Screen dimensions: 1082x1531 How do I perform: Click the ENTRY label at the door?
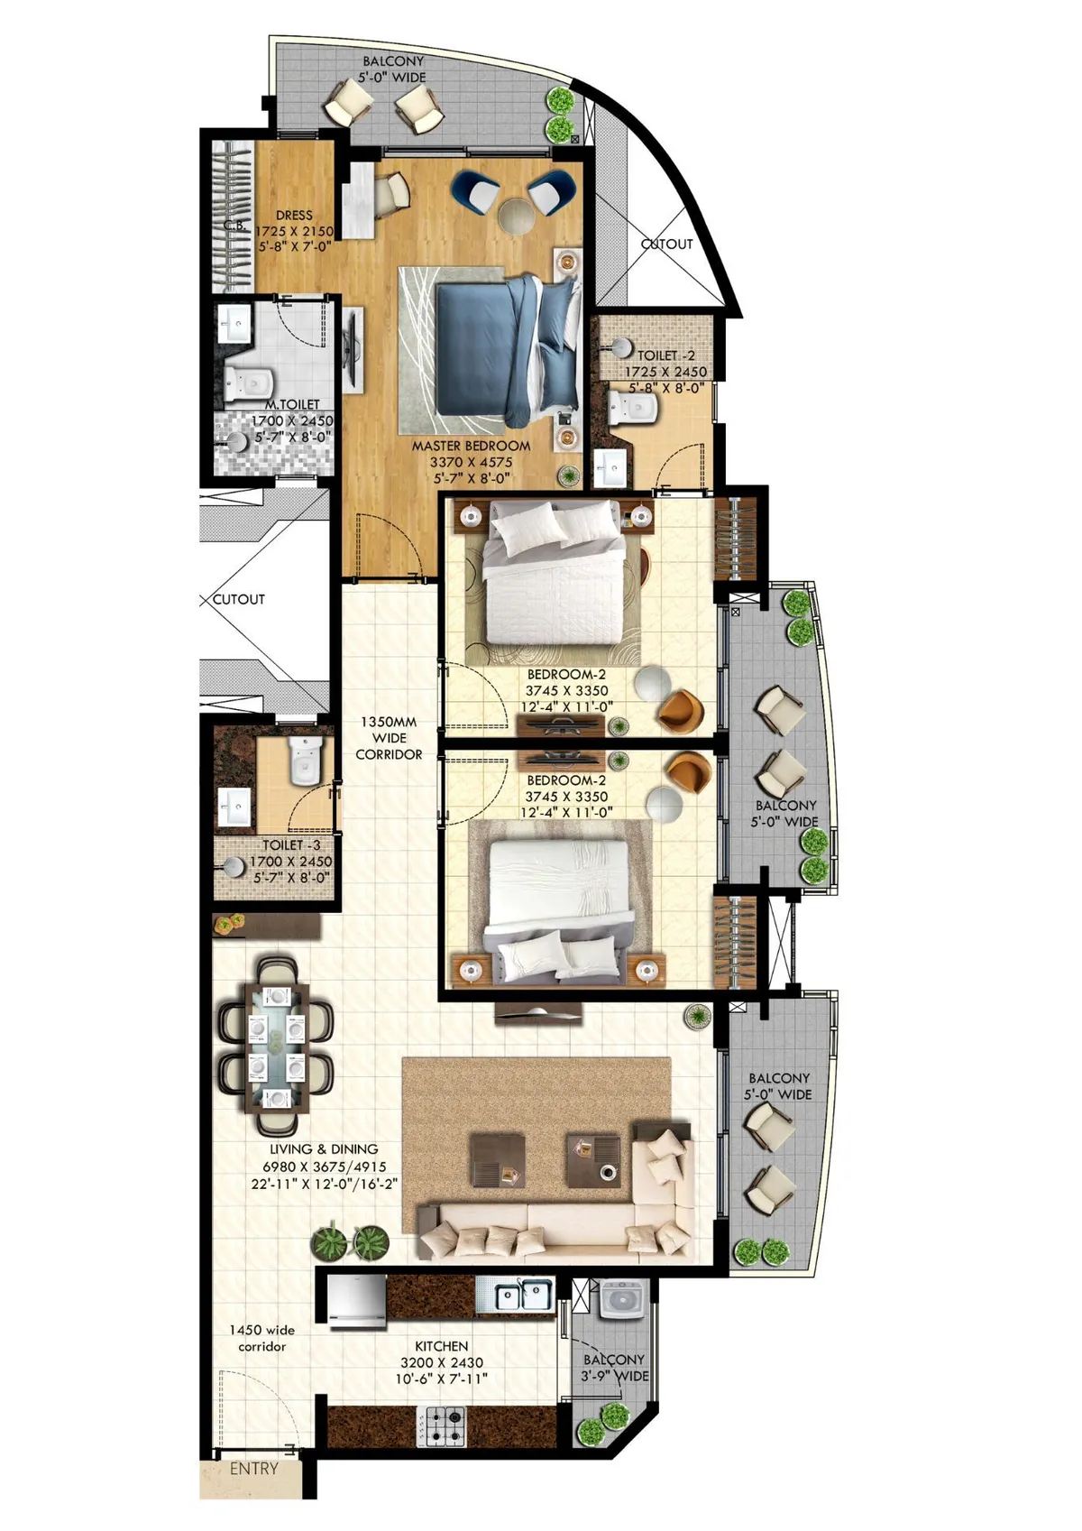point(253,1468)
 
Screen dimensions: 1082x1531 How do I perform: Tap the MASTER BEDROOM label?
point(471,446)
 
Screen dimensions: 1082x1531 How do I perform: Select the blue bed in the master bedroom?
point(507,349)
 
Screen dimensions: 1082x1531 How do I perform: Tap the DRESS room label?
point(295,215)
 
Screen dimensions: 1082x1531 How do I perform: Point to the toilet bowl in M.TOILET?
point(249,384)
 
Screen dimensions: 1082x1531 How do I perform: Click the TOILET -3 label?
point(291,845)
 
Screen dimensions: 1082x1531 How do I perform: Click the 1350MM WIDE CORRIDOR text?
point(389,738)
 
